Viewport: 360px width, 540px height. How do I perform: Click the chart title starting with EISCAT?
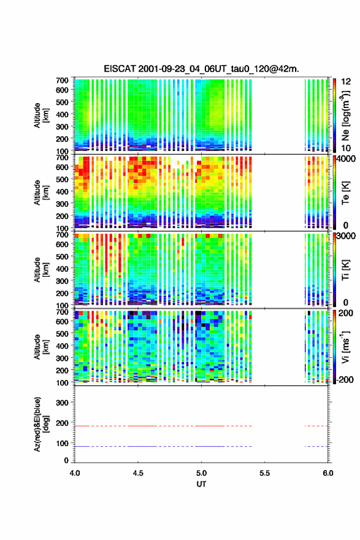201,69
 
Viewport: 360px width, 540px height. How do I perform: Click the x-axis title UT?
201,484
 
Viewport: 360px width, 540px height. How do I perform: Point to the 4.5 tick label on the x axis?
138,473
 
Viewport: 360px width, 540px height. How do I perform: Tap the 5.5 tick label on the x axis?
265,473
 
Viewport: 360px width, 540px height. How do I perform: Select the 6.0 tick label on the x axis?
328,473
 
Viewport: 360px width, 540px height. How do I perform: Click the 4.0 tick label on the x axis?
75,473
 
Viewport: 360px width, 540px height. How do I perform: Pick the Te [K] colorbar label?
345,193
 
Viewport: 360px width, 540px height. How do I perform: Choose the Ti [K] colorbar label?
345,270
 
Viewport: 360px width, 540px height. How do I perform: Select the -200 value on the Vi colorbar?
345,379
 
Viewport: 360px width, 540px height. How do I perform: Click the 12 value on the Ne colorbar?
347,82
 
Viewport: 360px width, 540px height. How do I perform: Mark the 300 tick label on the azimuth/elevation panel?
62,403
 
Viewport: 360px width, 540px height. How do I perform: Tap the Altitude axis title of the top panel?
41,115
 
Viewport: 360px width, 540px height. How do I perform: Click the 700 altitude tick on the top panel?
62,80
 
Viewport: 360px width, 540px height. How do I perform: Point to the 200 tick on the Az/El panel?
62,423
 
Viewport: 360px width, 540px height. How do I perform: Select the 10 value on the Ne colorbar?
347,148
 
